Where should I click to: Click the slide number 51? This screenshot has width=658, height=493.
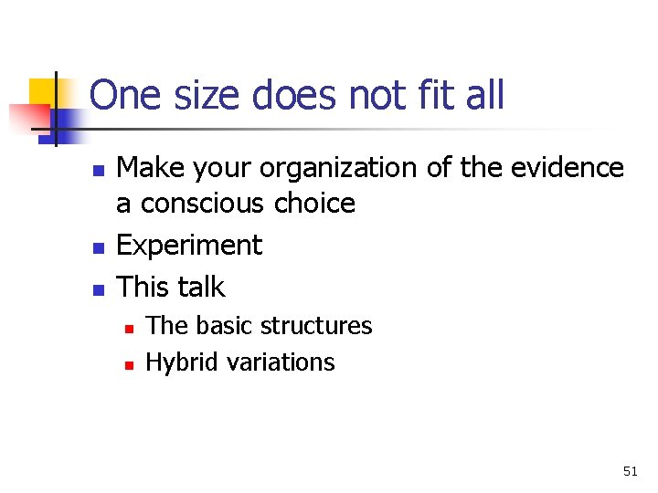630,471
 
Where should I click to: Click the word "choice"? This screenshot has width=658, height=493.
314,203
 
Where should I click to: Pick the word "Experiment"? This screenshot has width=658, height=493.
190,246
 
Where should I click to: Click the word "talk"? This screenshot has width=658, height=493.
200,287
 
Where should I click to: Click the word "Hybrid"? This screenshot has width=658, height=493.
176,362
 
